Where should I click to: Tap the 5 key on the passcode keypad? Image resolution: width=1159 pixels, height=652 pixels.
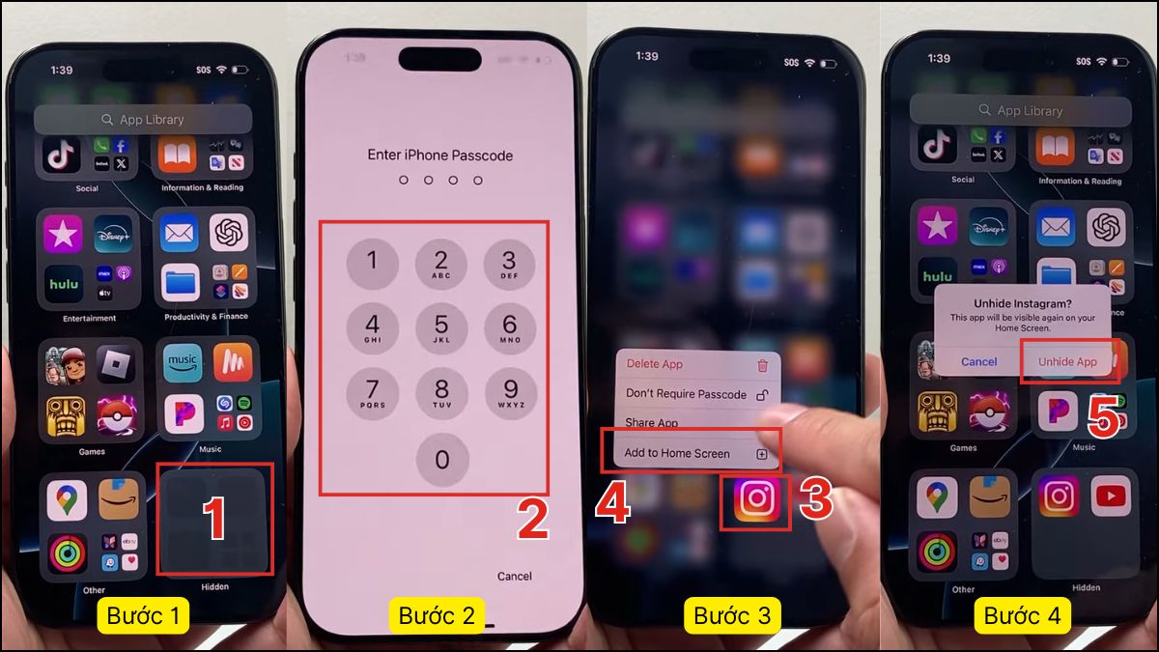[441, 328]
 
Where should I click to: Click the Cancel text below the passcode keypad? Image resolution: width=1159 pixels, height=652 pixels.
[514, 577]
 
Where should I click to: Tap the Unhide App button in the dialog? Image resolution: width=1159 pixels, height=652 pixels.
[1067, 361]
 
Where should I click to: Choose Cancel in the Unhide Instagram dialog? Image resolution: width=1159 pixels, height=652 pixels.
[978, 361]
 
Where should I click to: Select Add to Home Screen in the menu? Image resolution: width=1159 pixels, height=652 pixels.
[677, 453]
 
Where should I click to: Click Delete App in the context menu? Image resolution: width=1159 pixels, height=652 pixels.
[655, 364]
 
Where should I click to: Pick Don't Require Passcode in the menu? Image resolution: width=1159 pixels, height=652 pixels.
[686, 394]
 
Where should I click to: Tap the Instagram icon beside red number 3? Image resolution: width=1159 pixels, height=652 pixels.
[756, 499]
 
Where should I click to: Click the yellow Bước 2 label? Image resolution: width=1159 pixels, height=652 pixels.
[437, 615]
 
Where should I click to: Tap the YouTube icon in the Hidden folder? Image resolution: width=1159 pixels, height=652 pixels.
[1111, 497]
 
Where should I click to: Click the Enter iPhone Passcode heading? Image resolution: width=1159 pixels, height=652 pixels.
[439, 156]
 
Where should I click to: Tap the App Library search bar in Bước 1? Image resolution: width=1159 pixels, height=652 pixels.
[143, 120]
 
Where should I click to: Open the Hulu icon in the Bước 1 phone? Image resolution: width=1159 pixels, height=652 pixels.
[66, 284]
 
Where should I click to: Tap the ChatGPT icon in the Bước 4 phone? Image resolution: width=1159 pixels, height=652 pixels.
[1106, 228]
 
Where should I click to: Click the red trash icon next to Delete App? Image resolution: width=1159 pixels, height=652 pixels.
[763, 365]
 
